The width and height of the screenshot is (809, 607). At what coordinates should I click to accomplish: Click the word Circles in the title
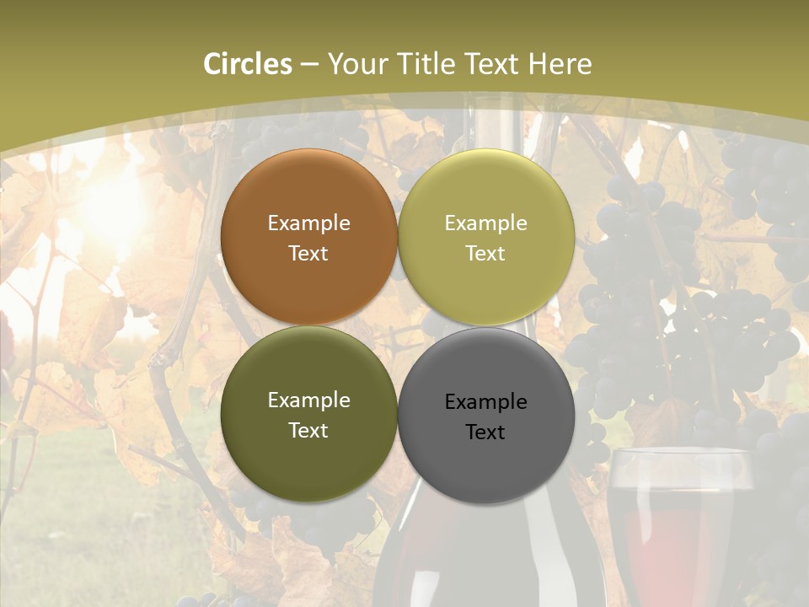tap(247, 64)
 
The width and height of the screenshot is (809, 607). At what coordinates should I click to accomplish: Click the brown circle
tap(308, 194)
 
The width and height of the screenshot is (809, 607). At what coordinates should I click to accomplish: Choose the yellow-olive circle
tap(486, 194)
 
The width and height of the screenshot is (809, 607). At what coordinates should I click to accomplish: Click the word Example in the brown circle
tap(308, 223)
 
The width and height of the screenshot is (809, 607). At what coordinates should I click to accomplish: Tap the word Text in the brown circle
tap(308, 253)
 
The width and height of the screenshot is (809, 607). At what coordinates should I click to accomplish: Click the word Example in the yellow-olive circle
tap(486, 223)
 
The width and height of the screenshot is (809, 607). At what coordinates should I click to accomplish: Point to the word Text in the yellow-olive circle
tap(486, 253)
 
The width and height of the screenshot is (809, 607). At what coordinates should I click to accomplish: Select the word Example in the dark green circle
tap(308, 400)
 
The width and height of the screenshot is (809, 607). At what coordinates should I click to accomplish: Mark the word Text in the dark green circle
tap(308, 430)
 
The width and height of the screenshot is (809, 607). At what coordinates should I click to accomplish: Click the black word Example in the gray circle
tap(486, 402)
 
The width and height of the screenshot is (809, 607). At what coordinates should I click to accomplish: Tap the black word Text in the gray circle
tap(486, 432)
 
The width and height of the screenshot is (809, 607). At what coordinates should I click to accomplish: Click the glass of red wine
tap(678, 523)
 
